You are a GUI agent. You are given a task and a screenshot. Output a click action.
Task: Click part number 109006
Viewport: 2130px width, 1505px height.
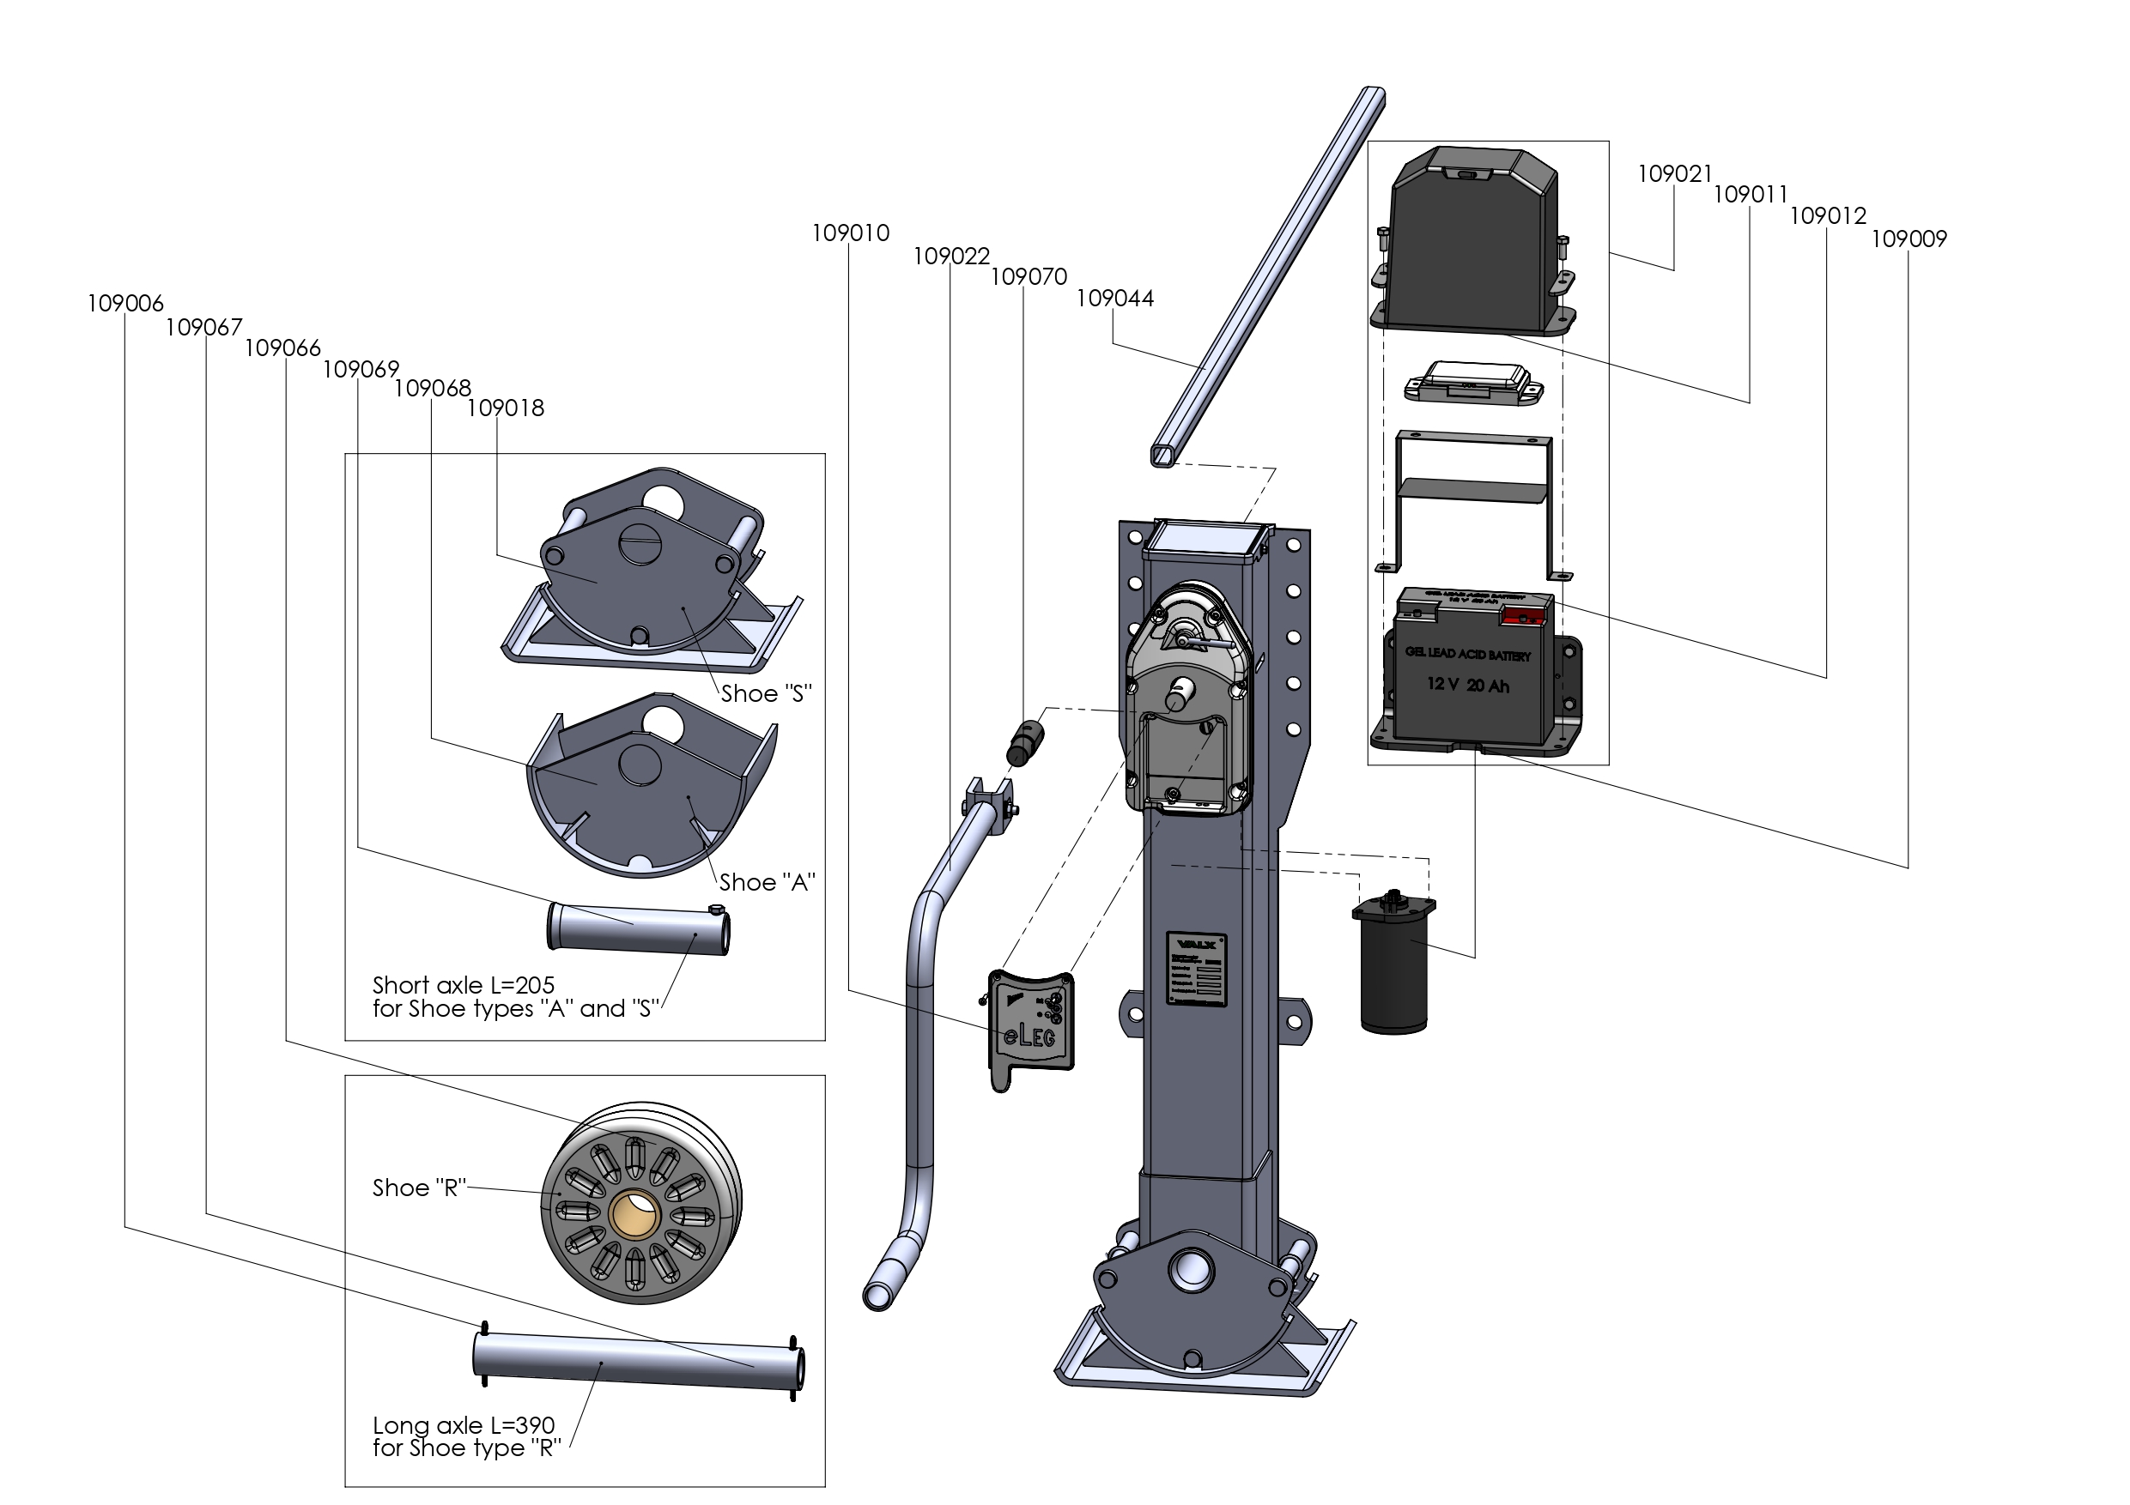(125, 303)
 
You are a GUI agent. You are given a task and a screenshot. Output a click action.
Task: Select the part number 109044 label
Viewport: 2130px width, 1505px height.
(1114, 299)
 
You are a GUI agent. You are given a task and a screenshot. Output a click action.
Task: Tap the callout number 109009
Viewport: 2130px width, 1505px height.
(1909, 239)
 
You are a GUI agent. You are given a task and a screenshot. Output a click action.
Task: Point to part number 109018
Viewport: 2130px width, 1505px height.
(506, 408)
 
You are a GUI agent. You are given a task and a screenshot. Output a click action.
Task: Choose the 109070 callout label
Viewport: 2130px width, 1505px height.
(1029, 277)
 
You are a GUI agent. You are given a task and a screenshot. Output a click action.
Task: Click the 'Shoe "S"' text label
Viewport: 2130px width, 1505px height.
(767, 693)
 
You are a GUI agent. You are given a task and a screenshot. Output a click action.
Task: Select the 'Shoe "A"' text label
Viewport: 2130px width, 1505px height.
(767, 883)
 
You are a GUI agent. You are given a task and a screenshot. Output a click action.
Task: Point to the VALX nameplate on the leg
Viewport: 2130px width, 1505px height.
(1197, 969)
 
